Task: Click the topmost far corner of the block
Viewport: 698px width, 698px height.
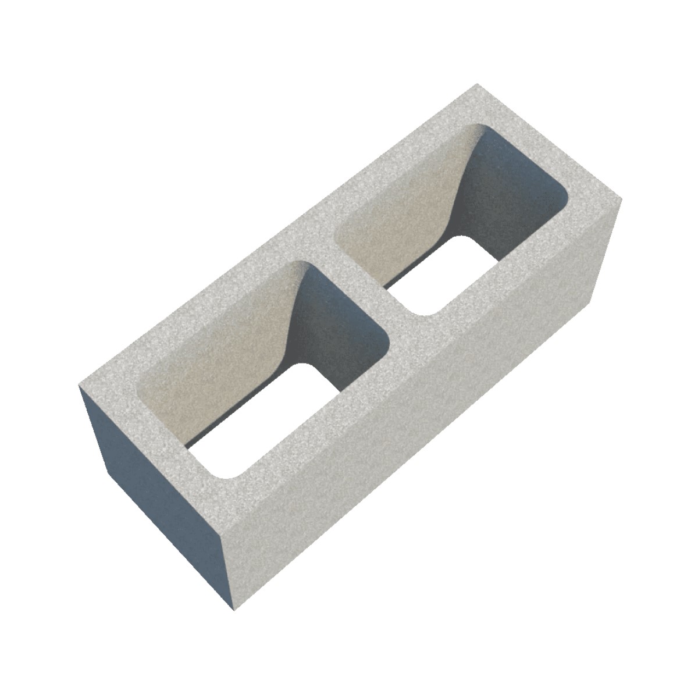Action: (x=478, y=85)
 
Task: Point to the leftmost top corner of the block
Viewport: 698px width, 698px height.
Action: (x=79, y=385)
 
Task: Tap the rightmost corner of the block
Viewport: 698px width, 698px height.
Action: (x=621, y=200)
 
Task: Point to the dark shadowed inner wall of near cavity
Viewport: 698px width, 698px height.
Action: (x=337, y=326)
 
